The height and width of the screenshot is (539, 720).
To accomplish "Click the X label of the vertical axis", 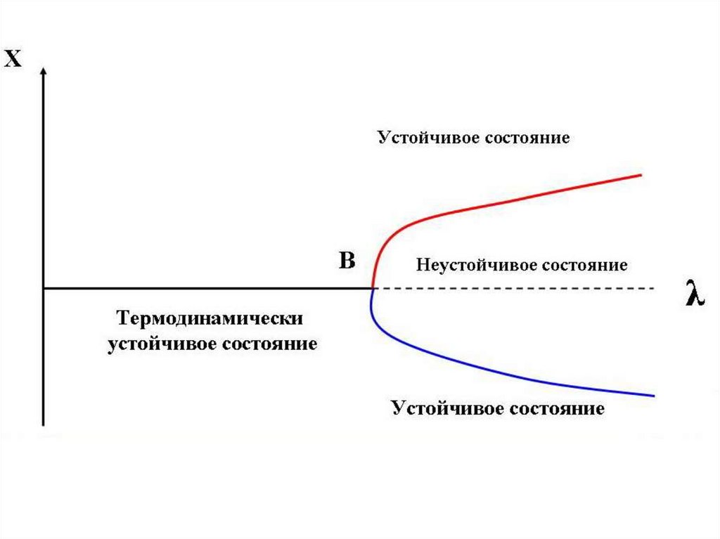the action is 13,59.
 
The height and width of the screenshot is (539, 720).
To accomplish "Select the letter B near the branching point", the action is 347,261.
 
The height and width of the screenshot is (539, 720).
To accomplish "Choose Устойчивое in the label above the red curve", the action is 428,137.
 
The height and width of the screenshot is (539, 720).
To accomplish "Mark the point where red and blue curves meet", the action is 372,288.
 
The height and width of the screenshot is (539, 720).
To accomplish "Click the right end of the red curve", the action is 641,174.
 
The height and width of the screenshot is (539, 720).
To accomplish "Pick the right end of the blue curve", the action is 654,396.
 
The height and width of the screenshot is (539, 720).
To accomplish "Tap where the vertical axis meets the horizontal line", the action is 44,288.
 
